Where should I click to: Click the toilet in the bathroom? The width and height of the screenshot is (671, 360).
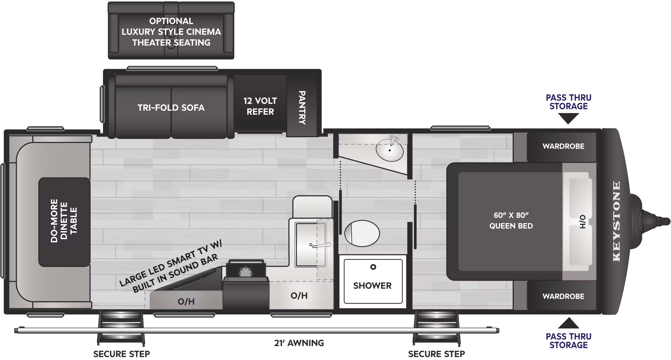(362, 233)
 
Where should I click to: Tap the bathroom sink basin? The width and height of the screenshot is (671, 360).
(390, 150)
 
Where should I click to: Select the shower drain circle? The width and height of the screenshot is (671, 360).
(373, 267)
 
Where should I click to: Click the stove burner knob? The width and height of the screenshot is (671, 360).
(245, 271)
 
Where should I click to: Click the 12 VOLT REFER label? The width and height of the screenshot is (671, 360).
(260, 106)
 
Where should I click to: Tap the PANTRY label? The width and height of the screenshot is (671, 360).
(302, 107)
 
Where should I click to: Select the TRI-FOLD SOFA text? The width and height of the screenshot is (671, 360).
(171, 108)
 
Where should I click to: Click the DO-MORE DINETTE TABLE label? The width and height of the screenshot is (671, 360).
(64, 220)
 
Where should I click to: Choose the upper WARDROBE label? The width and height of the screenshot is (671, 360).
(563, 146)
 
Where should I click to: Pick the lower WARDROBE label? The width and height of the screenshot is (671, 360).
(563, 296)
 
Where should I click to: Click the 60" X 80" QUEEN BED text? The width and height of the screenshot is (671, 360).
(511, 220)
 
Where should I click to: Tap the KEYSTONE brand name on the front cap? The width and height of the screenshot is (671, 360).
(616, 221)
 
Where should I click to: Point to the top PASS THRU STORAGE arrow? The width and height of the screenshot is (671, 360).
(568, 118)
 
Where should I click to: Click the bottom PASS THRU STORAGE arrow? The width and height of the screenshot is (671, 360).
(568, 323)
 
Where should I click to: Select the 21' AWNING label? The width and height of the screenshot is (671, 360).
(299, 343)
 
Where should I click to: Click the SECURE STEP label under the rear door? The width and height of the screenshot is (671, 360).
(121, 354)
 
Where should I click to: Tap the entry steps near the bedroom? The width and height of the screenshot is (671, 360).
(436, 328)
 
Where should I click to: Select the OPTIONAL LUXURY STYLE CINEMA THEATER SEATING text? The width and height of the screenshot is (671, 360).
(171, 32)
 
